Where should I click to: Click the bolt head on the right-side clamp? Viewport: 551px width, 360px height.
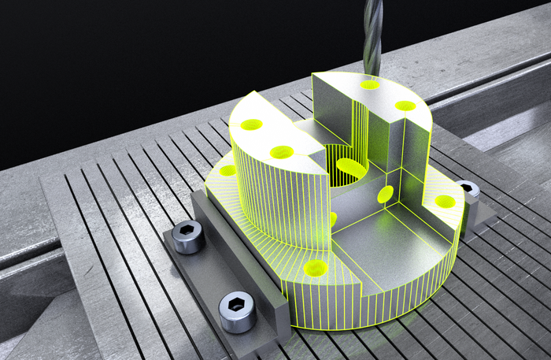click(468, 189)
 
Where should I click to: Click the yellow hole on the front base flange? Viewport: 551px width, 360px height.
click(315, 268)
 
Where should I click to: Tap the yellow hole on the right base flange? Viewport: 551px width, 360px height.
click(445, 202)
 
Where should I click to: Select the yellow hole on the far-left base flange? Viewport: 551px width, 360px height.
click(227, 170)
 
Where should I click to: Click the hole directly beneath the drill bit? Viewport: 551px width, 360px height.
click(369, 84)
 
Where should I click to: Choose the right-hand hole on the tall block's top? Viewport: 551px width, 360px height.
click(405, 106)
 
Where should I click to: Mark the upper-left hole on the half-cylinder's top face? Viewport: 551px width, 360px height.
click(251, 124)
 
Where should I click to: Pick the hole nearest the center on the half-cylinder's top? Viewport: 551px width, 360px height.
click(282, 152)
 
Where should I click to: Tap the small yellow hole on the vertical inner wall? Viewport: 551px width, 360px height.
click(386, 194)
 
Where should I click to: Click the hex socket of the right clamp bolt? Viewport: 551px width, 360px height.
click(468, 187)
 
